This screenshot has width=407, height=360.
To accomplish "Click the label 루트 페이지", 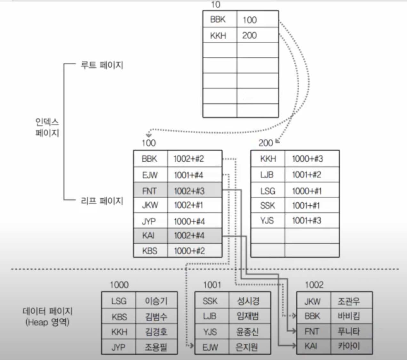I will pyautogui.click(x=102, y=65).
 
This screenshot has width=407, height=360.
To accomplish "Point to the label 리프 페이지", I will pyautogui.click(x=102, y=201).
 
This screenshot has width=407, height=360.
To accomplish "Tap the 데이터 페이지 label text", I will pyautogui.click(x=48, y=311).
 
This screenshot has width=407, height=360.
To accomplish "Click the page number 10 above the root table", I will pyautogui.click(x=216, y=5).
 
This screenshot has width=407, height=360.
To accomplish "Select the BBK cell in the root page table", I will pyautogui.click(x=218, y=20).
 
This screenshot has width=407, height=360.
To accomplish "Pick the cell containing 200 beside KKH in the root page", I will pyautogui.click(x=250, y=35).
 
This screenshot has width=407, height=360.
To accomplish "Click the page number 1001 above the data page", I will pyautogui.click(x=212, y=285).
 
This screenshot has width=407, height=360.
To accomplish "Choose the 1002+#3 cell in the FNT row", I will pyautogui.click(x=189, y=191).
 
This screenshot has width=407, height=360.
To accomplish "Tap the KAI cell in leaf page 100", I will pyautogui.click(x=148, y=236).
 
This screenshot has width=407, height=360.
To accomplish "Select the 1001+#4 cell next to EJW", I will pyautogui.click(x=188, y=175).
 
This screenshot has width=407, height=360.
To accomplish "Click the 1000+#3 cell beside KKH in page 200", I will pyautogui.click(x=307, y=159).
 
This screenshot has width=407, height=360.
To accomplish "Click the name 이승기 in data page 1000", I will pyautogui.click(x=156, y=301).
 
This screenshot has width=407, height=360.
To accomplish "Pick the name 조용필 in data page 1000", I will pyautogui.click(x=156, y=347).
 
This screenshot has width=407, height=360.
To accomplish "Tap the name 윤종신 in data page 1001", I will pyautogui.click(x=248, y=332).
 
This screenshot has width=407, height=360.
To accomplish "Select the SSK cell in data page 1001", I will pyautogui.click(x=210, y=301).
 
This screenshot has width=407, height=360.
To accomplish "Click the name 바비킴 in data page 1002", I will pyautogui.click(x=349, y=316).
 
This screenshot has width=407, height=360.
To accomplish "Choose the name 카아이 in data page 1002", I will pyautogui.click(x=349, y=346).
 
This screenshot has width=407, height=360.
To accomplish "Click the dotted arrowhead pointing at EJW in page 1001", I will pyautogui.click(x=192, y=345).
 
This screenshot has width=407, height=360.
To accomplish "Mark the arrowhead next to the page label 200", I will pyautogui.click(x=277, y=141).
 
